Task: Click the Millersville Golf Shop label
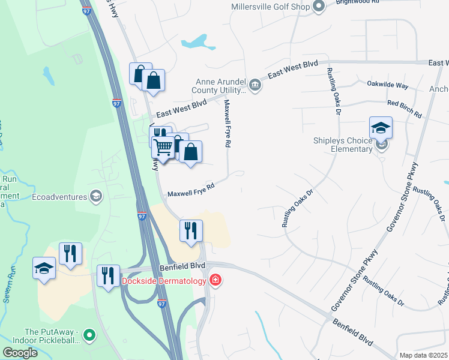click(270, 7)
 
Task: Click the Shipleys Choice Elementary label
click(343, 145)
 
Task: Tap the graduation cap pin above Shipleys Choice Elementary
click(381, 127)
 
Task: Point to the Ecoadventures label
click(60, 196)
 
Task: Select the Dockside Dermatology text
click(164, 280)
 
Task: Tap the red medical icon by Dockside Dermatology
click(215, 280)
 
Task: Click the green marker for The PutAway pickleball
click(89, 335)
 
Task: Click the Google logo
click(20, 353)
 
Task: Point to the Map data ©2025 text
click(424, 355)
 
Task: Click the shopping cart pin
click(163, 147)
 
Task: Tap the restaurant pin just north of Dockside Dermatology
click(191, 231)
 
